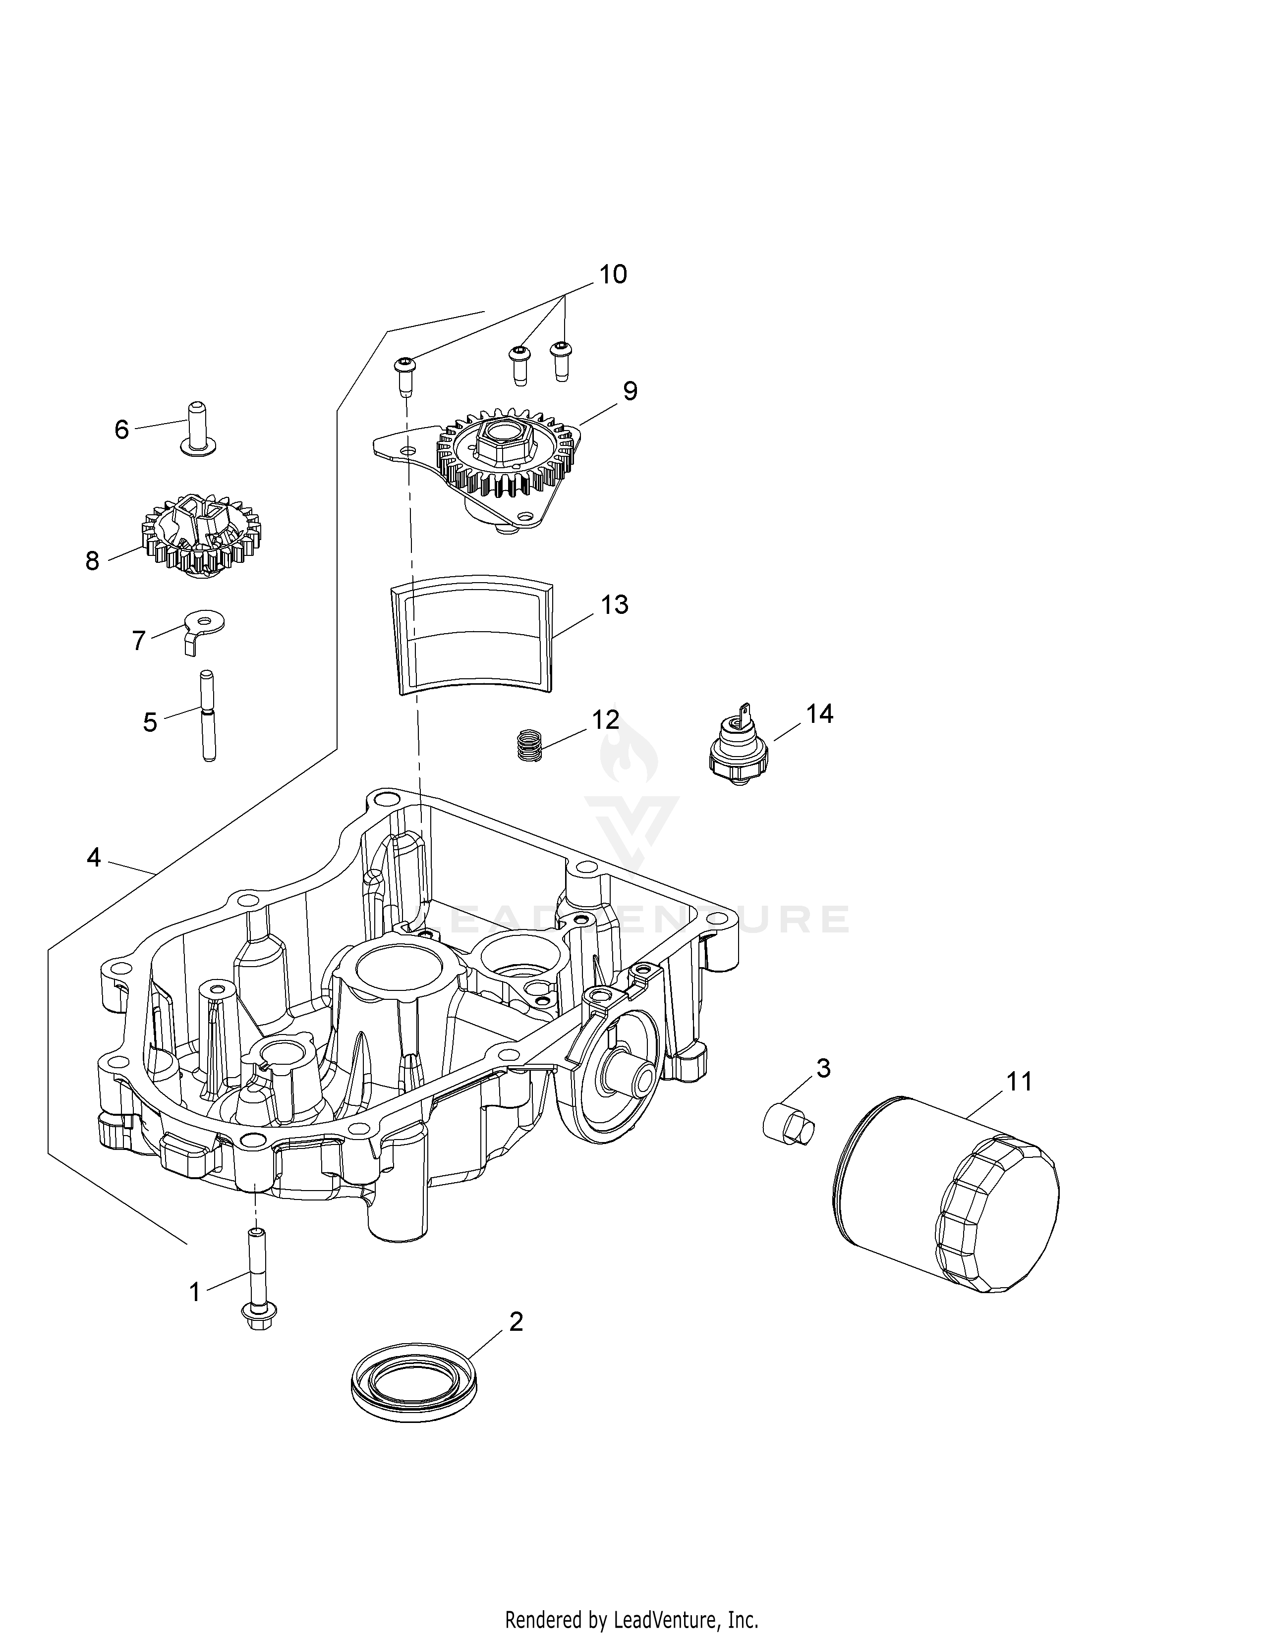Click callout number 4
pyautogui.click(x=94, y=857)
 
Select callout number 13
pyautogui.click(x=615, y=604)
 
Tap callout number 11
pyautogui.click(x=1019, y=1081)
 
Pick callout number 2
pyautogui.click(x=516, y=1322)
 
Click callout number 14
pyautogui.click(x=819, y=713)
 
